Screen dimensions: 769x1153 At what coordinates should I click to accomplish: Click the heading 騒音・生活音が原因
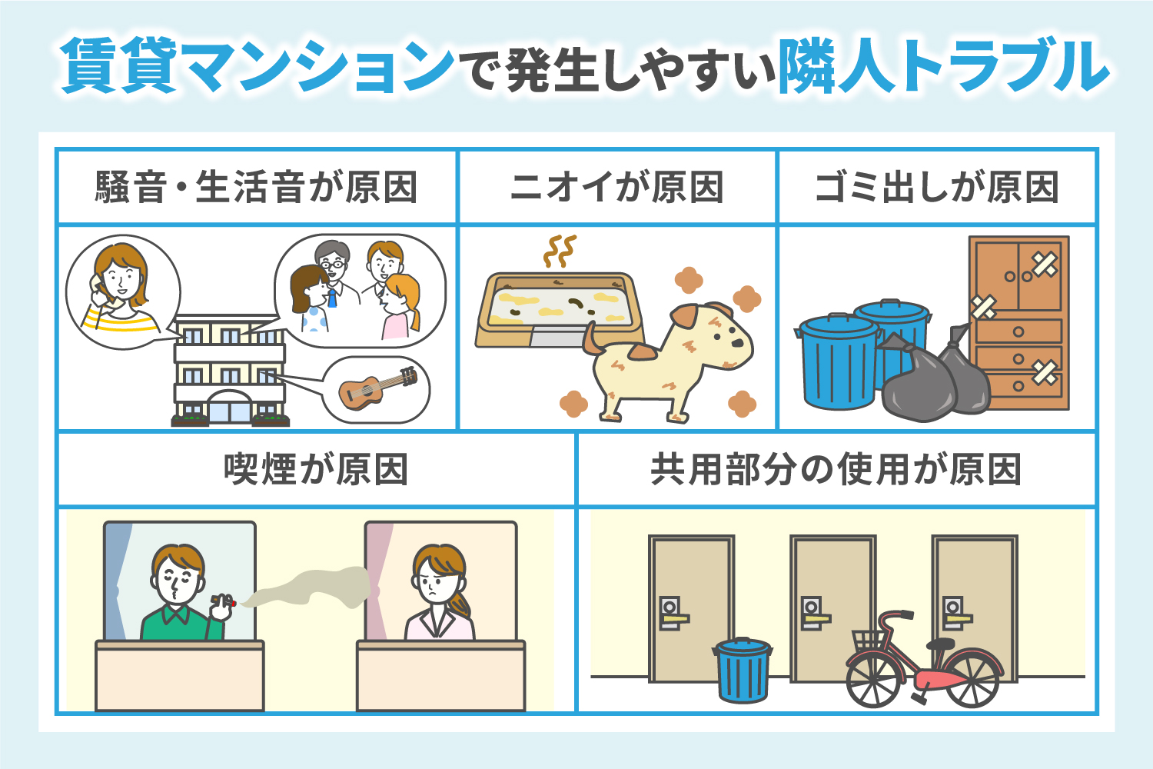pyautogui.click(x=257, y=188)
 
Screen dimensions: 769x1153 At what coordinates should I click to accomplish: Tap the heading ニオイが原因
pyautogui.click(x=616, y=188)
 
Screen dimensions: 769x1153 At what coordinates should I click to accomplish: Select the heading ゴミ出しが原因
pyautogui.click(x=936, y=188)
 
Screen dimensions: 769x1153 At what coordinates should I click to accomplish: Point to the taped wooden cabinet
pyautogui.click(x=1018, y=323)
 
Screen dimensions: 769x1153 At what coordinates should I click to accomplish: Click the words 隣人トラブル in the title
pyautogui.click(x=943, y=68)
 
